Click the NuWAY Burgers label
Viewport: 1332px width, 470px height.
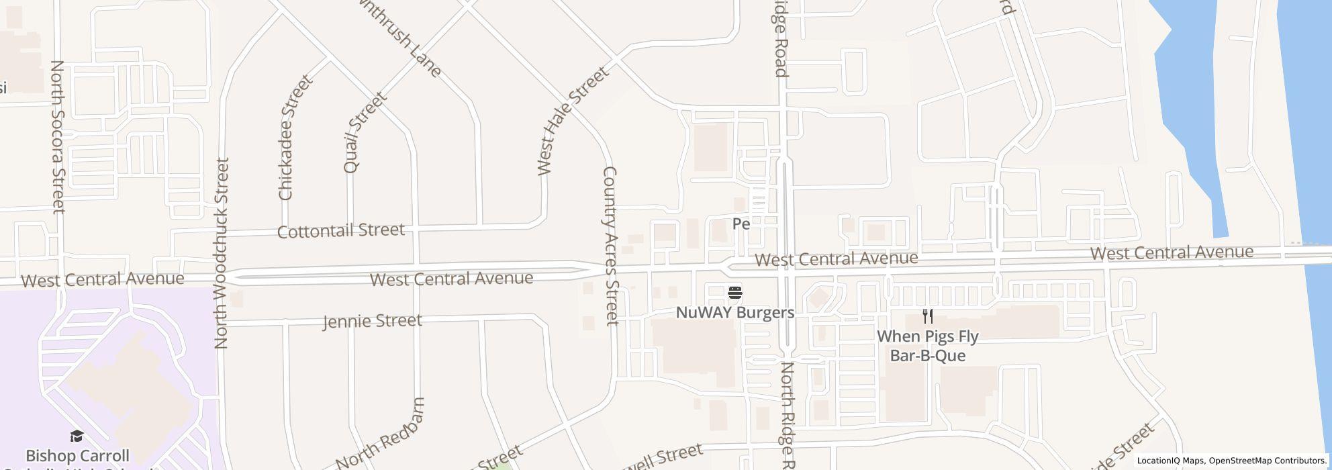(734, 313)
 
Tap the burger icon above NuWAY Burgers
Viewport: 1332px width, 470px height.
(735, 293)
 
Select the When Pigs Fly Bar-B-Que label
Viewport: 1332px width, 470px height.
(927, 346)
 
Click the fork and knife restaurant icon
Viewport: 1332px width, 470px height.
(928, 316)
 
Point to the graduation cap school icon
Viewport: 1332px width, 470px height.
(77, 436)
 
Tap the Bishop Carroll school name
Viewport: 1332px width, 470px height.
(77, 457)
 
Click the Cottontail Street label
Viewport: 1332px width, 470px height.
(341, 231)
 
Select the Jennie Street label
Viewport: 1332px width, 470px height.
(373, 321)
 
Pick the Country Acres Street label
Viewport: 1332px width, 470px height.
(610, 246)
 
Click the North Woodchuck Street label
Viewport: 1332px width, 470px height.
(222, 253)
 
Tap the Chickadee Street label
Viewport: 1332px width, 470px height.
(295, 138)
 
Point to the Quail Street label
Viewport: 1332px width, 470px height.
(365, 132)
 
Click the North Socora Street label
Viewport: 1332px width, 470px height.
(58, 137)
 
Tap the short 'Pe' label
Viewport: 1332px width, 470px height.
(741, 224)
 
